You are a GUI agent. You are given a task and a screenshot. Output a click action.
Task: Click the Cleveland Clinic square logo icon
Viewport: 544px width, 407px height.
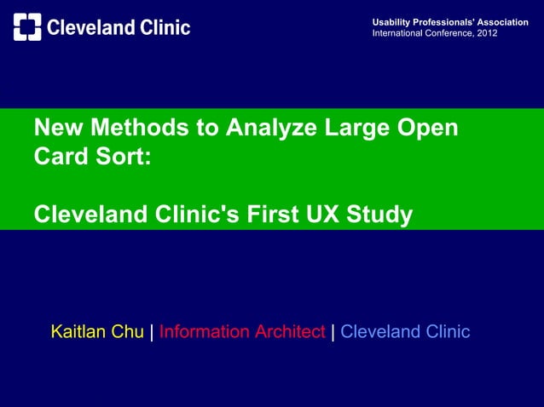click(x=27, y=27)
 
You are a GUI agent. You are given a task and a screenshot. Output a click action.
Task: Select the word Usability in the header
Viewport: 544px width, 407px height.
click(x=391, y=20)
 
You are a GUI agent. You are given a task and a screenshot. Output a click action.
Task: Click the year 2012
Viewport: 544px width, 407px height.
click(x=488, y=32)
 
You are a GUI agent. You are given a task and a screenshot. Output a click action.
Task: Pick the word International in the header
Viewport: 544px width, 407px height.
click(x=398, y=32)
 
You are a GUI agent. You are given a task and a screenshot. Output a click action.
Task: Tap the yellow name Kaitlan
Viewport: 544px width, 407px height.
click(x=80, y=332)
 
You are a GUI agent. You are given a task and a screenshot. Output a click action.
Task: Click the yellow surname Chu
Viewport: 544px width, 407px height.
click(x=128, y=332)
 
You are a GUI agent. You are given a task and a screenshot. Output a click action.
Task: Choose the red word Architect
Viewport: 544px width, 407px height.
click(x=290, y=332)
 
